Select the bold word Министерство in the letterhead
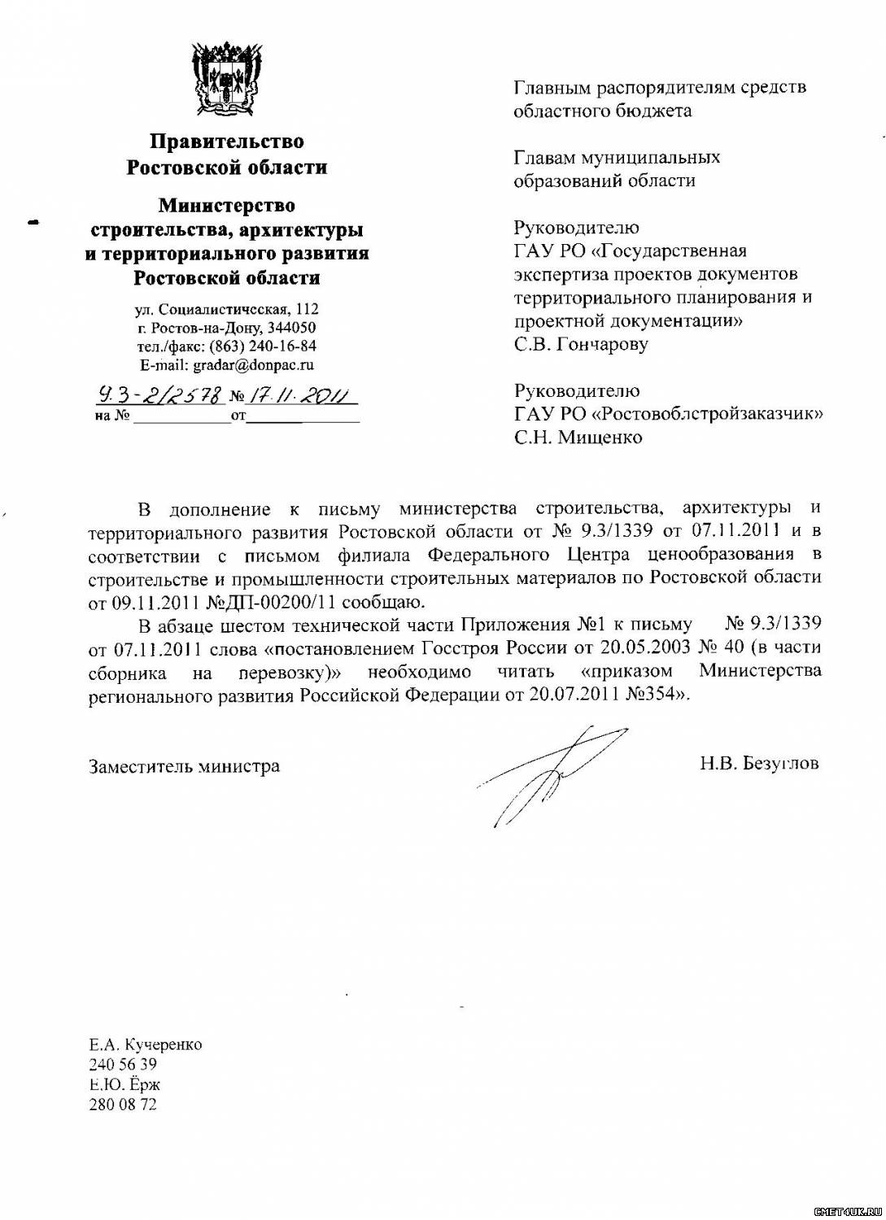click(226, 205)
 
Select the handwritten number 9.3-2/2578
click(159, 396)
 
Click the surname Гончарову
click(603, 344)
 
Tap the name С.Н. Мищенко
click(578, 438)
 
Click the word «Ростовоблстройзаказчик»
click(707, 414)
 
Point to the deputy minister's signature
click(553, 773)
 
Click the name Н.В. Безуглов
click(758, 763)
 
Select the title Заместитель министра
click(184, 766)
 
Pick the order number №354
click(657, 695)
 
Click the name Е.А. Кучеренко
click(145, 1044)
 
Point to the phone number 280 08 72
click(122, 1105)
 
